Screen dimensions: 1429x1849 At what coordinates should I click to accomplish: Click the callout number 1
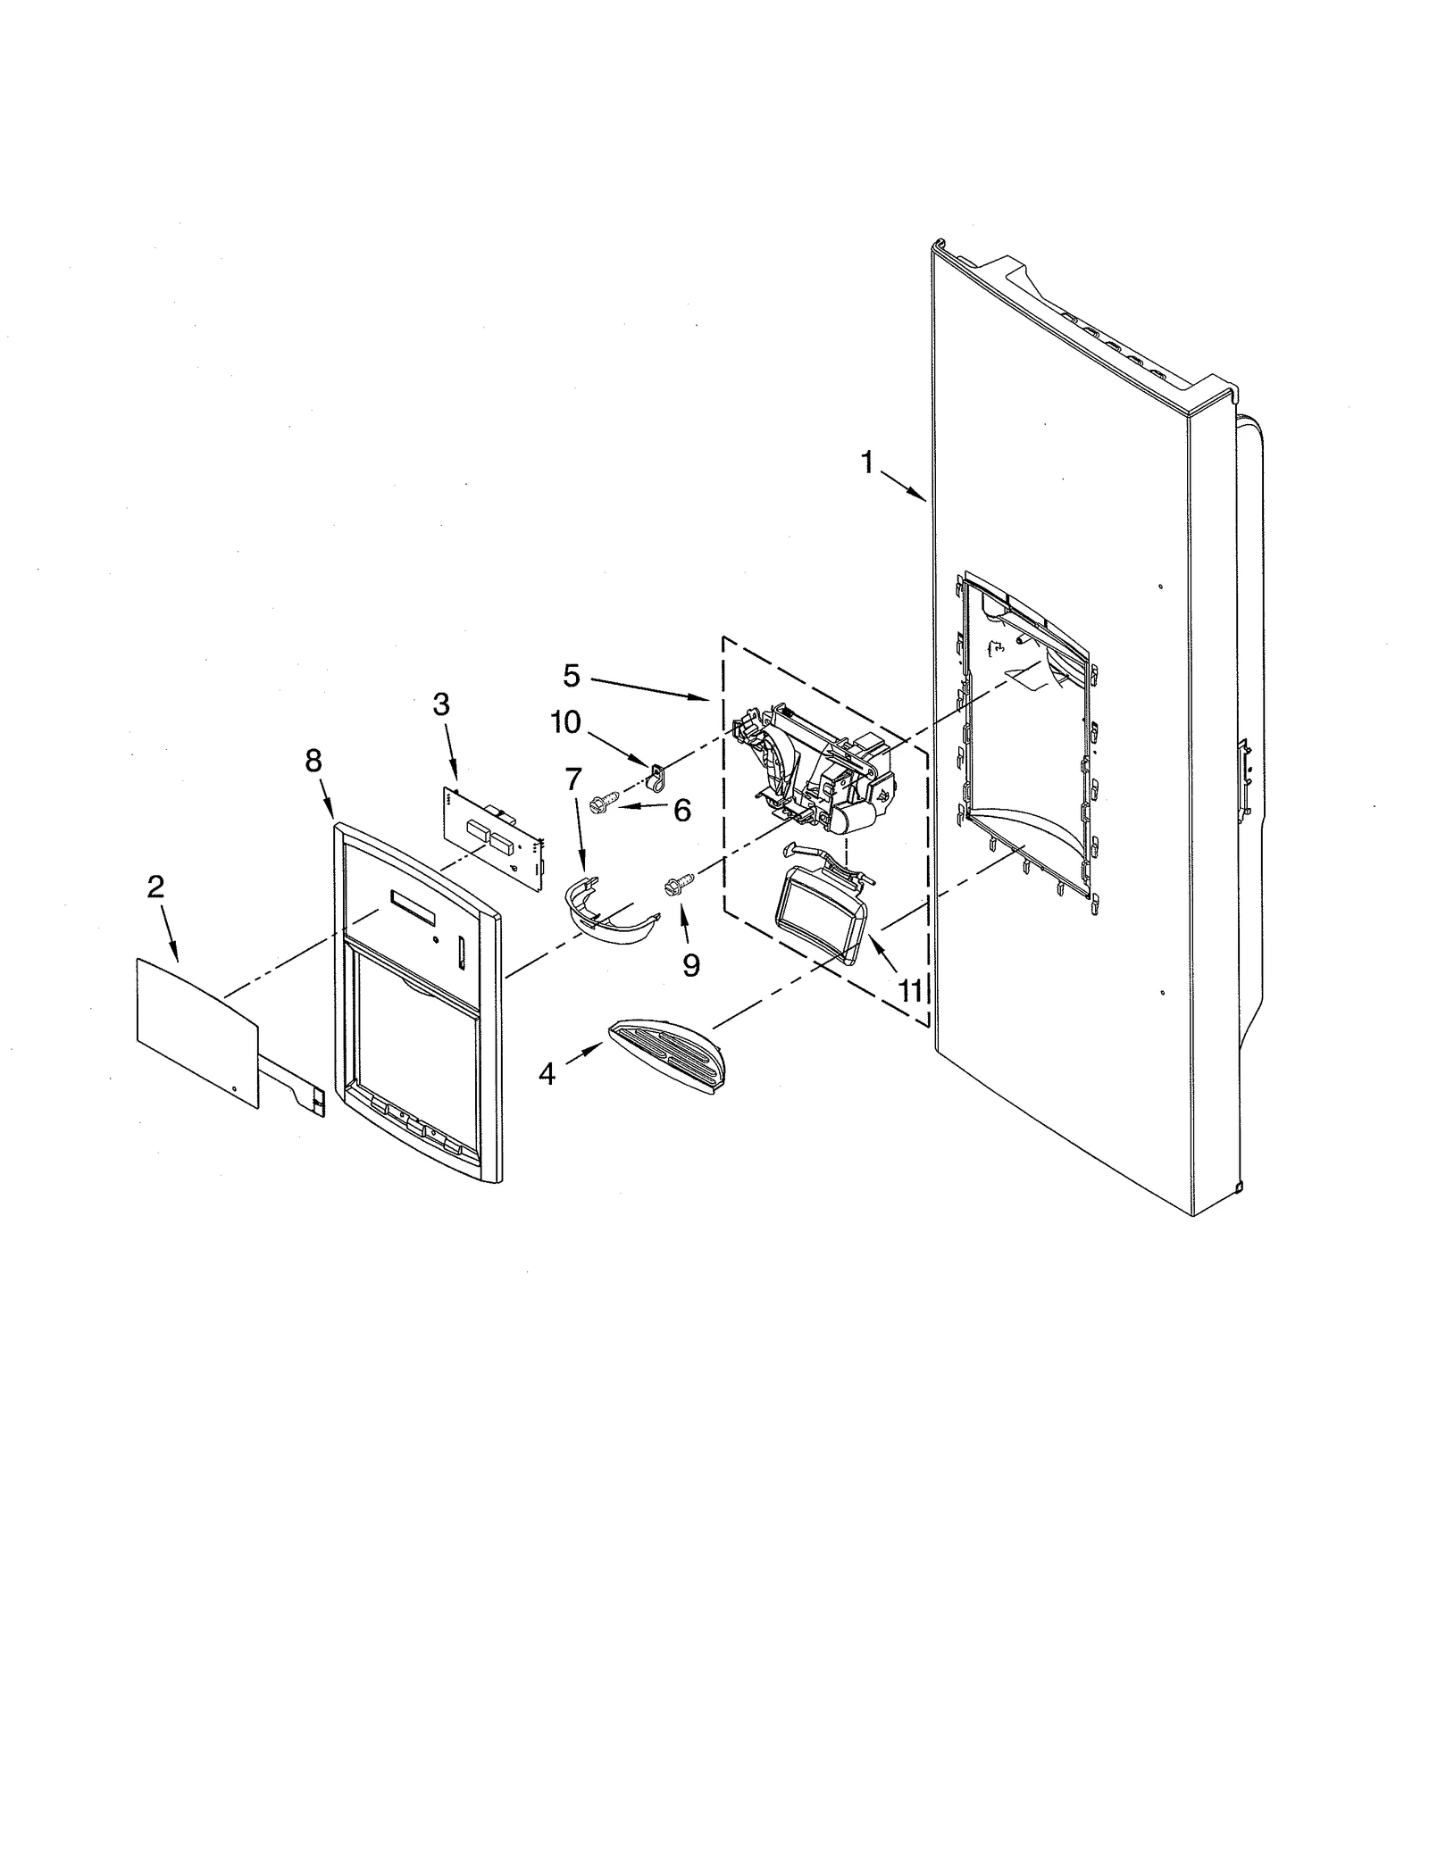pyautogui.click(x=865, y=462)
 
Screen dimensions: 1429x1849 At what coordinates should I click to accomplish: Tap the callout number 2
pyautogui.click(x=155, y=887)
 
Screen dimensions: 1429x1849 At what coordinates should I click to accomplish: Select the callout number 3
pyautogui.click(x=441, y=704)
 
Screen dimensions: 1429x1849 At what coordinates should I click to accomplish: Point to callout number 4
pyautogui.click(x=547, y=1075)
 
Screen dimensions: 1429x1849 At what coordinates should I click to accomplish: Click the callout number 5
pyautogui.click(x=572, y=676)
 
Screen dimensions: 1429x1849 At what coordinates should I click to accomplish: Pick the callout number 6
pyautogui.click(x=681, y=811)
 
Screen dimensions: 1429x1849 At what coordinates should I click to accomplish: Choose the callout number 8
pyautogui.click(x=313, y=761)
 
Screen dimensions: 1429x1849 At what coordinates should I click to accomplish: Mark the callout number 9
pyautogui.click(x=691, y=965)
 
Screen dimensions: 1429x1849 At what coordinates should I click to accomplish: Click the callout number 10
pyautogui.click(x=565, y=721)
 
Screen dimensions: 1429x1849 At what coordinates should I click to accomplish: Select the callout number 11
pyautogui.click(x=909, y=991)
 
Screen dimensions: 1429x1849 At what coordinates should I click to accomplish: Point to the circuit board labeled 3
pyautogui.click(x=494, y=838)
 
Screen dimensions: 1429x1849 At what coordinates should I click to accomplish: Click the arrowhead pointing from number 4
pyautogui.click(x=600, y=1050)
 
